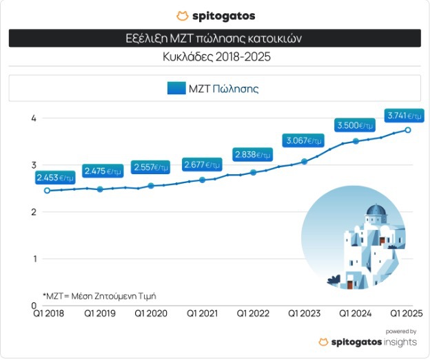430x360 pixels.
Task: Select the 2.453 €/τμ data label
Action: (55, 178)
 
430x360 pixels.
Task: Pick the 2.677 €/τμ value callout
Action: (202, 165)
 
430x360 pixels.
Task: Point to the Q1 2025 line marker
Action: (408, 129)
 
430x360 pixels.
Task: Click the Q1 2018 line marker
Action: (47, 191)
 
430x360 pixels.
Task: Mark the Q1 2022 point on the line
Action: (254, 172)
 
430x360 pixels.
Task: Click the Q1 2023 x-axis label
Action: (305, 313)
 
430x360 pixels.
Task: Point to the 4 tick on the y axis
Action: (33, 118)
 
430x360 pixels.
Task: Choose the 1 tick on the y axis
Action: (33, 259)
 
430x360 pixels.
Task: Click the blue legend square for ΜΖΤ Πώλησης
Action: (176, 88)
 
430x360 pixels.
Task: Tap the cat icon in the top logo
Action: (182, 15)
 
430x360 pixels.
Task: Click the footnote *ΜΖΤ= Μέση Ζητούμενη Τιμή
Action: (100, 296)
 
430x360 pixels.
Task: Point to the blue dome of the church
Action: (376, 210)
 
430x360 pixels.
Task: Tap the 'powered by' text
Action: (402, 331)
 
